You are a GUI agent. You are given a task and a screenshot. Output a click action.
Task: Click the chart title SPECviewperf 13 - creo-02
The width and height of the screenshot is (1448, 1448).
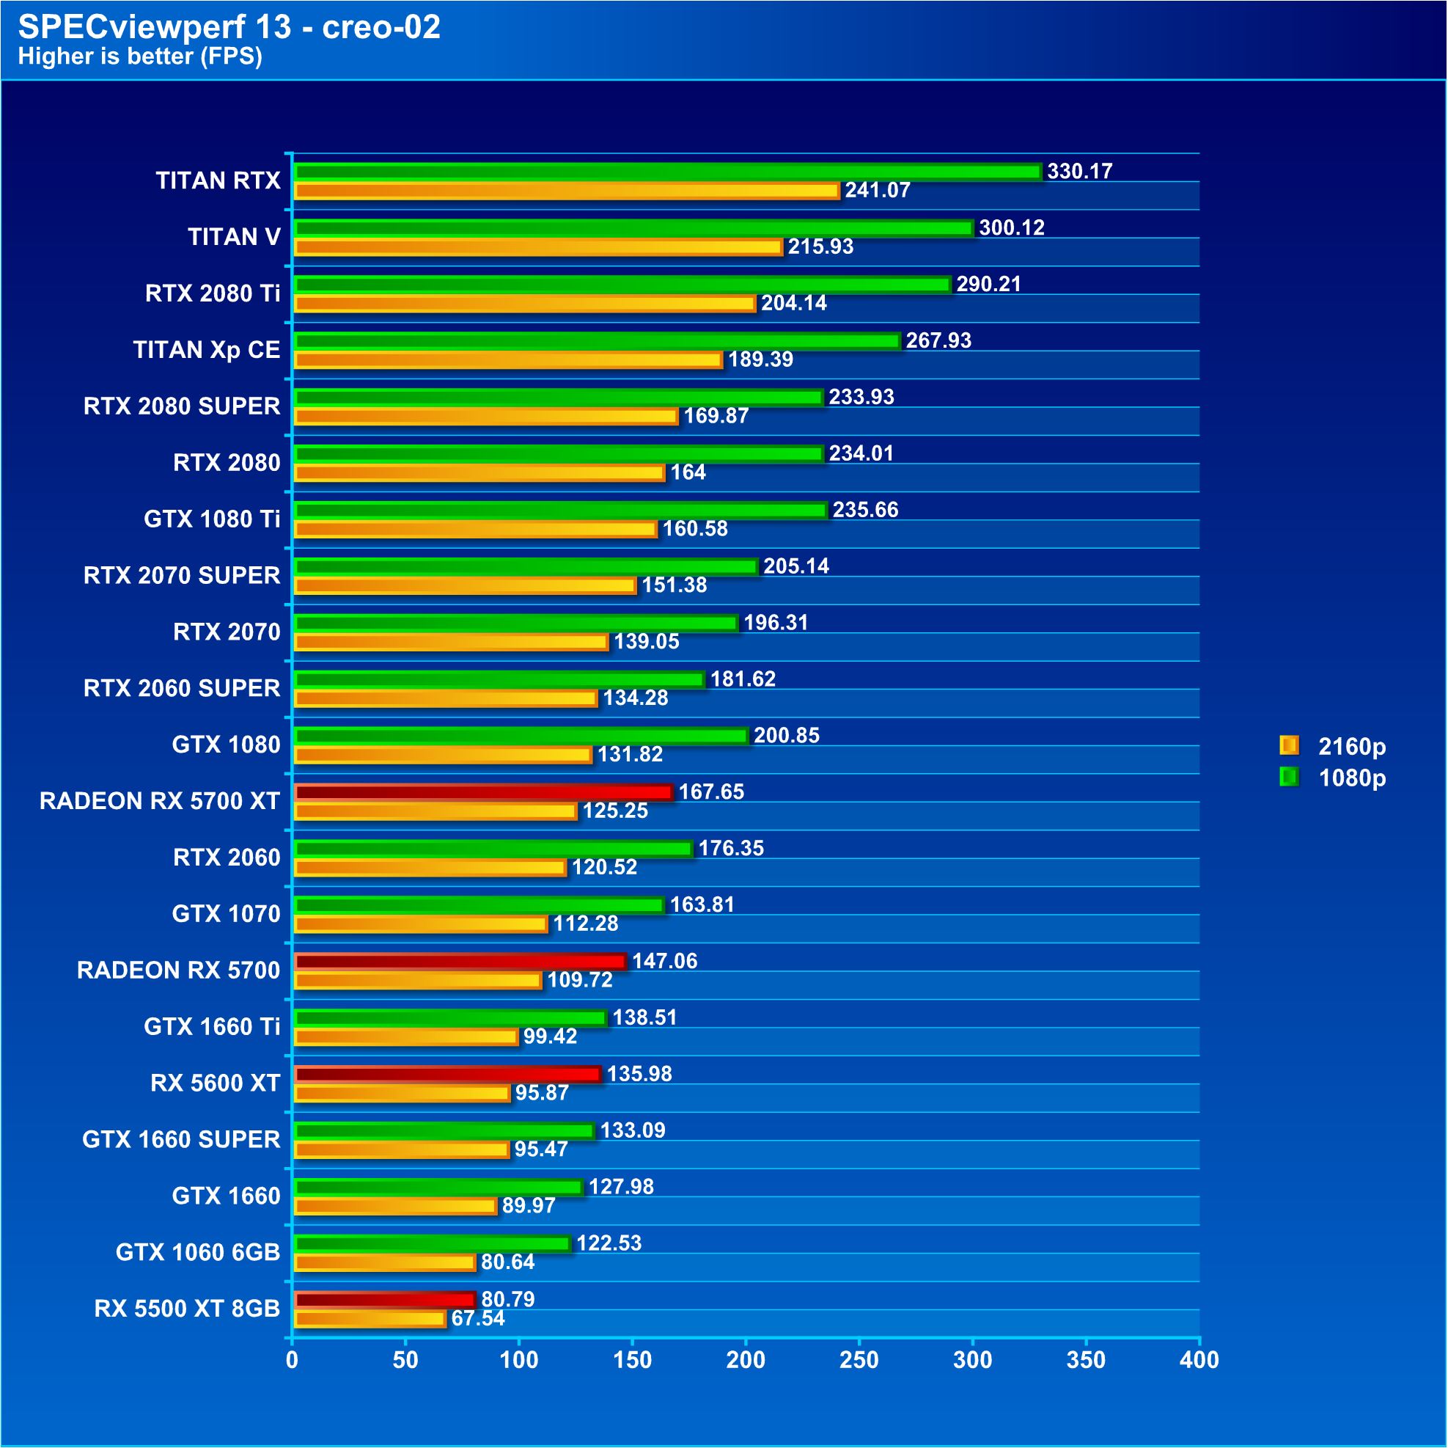click(x=229, y=27)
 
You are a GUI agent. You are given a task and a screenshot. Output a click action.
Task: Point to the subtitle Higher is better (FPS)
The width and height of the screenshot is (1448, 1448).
click(x=140, y=56)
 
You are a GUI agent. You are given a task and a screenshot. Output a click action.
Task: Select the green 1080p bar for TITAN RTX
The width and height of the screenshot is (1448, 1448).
click(x=668, y=172)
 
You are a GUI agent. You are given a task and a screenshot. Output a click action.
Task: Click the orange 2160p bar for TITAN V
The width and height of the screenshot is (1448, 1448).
click(x=538, y=246)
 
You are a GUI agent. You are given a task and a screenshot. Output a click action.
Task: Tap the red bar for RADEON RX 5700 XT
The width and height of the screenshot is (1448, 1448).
click(x=483, y=792)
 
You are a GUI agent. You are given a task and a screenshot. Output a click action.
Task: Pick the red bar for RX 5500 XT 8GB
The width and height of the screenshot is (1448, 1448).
click(x=385, y=1300)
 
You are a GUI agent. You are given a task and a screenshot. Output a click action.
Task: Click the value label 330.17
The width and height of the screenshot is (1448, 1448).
click(x=1079, y=171)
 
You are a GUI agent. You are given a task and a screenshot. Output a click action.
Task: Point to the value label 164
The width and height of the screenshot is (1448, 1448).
click(x=688, y=472)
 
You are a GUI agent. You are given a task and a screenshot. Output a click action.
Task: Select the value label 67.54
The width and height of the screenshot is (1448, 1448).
click(x=478, y=1318)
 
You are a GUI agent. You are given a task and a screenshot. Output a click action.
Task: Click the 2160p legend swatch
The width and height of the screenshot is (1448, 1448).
click(x=1288, y=745)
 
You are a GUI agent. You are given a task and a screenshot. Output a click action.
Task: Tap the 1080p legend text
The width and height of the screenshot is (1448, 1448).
click(x=1352, y=778)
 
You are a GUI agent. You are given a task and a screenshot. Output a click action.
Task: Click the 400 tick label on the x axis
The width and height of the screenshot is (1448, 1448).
click(x=1199, y=1359)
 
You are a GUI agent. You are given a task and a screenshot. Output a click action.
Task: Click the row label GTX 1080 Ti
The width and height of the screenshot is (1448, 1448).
click(x=212, y=519)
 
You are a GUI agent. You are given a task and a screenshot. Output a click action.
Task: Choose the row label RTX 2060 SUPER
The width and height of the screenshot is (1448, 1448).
click(x=182, y=687)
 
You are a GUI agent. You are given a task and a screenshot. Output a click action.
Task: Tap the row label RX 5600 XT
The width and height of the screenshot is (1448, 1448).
click(x=215, y=1083)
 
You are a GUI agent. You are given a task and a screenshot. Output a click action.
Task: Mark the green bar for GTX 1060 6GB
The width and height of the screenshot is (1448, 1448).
click(x=433, y=1243)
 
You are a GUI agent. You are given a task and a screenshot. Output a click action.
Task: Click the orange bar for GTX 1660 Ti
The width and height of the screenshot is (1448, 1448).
click(x=406, y=1036)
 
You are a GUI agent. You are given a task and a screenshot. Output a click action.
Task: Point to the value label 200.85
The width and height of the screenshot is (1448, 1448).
click(x=786, y=735)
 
